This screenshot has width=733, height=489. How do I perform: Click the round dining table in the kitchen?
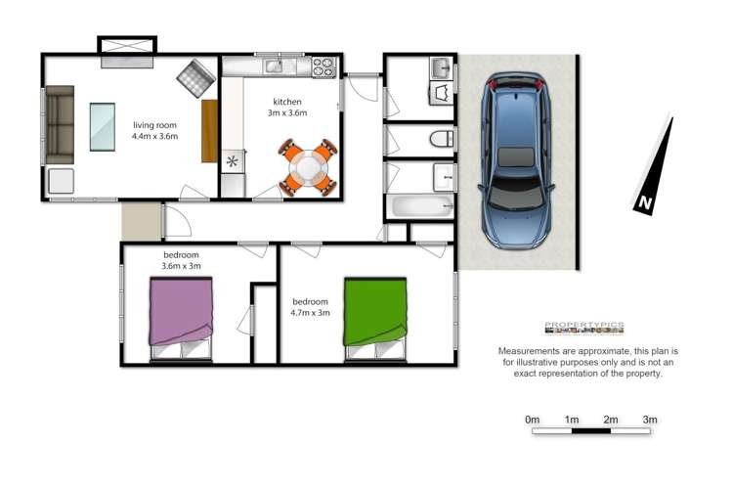[308, 166]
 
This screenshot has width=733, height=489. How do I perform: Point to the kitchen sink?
[276, 67]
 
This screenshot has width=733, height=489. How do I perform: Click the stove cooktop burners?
[323, 67]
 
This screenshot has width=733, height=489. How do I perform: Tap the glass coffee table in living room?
[103, 126]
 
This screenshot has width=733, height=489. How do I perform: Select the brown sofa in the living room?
[61, 124]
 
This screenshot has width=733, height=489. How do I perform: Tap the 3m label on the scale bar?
[649, 420]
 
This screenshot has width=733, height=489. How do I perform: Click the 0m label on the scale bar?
[533, 420]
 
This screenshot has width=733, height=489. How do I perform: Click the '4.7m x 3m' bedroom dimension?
[311, 314]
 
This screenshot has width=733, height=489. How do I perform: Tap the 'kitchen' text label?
[286, 102]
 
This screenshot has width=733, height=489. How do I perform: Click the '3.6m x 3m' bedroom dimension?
[181, 267]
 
